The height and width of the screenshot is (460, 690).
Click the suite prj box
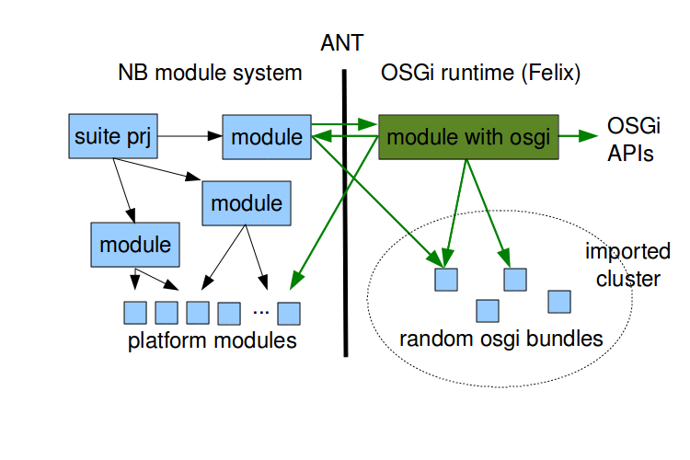pos(110,138)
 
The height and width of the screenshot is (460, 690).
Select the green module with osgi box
pos(468,138)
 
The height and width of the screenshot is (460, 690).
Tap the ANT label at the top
pos(342,42)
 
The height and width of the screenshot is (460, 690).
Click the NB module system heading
pos(210,73)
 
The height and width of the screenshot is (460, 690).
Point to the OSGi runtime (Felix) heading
pos(480,73)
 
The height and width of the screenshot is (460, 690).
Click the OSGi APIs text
pos(630,139)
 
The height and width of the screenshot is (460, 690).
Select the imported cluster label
pos(628,265)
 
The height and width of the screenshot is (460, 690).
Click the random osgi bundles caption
pos(500,339)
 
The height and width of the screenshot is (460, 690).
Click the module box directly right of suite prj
pos(266,138)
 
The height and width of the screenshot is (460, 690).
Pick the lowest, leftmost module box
pos(135,245)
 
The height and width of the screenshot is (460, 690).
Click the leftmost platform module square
pos(135,313)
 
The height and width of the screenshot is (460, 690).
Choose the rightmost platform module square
pos(290,314)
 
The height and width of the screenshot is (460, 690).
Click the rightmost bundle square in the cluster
pos(559,302)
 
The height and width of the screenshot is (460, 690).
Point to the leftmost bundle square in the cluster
pos(446,279)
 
